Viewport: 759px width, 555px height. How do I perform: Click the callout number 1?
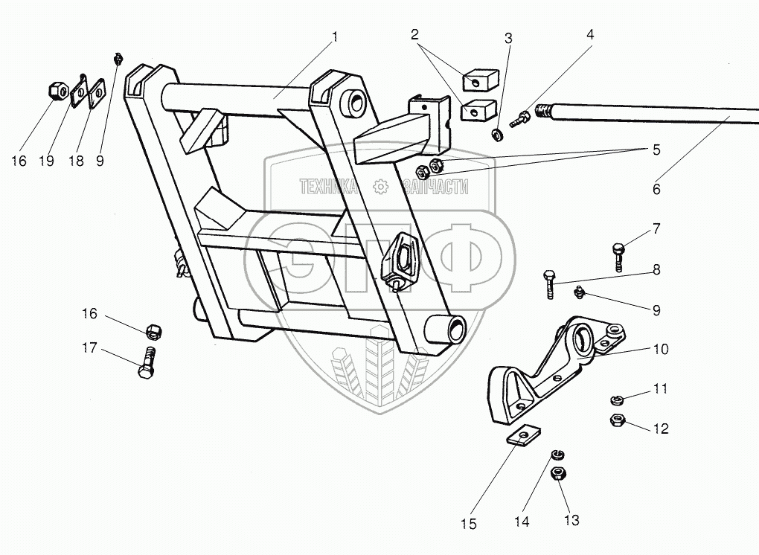[x=335, y=37]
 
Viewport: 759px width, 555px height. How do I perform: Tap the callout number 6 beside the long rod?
[x=656, y=189]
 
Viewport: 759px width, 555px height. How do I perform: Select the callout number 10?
[x=661, y=349]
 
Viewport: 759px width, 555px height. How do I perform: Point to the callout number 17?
[x=89, y=348]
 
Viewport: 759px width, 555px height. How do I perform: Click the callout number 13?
[x=571, y=520]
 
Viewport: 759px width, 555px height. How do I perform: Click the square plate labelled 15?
[x=524, y=436]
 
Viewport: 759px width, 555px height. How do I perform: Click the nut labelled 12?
[x=617, y=420]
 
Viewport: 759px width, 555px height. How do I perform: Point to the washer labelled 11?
[x=615, y=400]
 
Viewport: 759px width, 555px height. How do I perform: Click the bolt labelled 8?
[x=548, y=284]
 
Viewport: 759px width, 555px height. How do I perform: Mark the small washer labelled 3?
[x=496, y=135]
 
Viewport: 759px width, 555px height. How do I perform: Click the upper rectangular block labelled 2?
[x=480, y=80]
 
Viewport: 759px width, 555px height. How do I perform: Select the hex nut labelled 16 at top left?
[x=60, y=91]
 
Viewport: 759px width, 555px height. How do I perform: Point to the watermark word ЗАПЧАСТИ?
[x=435, y=186]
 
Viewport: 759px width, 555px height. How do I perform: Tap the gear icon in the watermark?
[x=381, y=186]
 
